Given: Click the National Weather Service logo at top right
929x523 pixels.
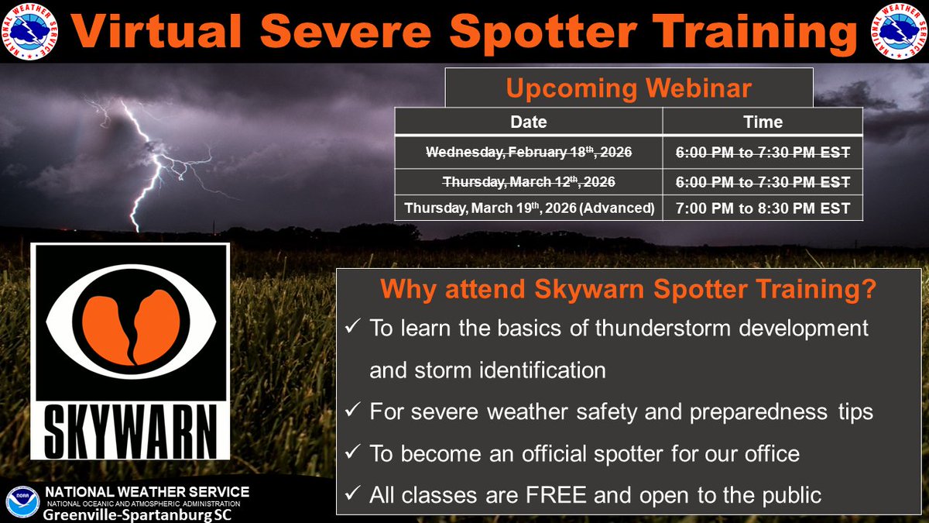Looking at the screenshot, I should [899, 31].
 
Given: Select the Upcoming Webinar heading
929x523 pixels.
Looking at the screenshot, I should [628, 88].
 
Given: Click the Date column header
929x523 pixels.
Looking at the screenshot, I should [528, 122].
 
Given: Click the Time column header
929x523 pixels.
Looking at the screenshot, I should [763, 122].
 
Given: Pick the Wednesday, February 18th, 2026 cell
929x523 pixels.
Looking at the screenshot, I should [528, 153].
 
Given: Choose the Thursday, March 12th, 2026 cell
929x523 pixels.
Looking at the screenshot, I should [528, 181].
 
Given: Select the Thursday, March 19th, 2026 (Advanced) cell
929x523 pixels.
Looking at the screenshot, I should [528, 208].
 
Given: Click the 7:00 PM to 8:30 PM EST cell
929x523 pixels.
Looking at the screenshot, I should [763, 208].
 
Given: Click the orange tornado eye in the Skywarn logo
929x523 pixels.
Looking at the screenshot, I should [130, 318].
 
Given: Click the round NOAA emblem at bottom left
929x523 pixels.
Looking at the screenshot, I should [21, 502].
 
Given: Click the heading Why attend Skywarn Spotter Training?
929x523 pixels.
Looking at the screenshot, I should [628, 291].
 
